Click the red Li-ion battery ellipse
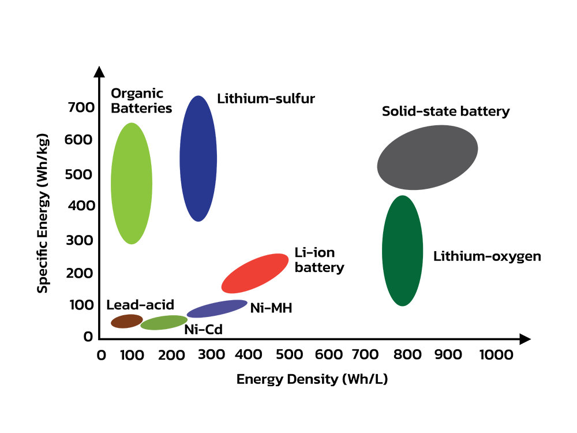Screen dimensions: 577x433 (x=255, y=273)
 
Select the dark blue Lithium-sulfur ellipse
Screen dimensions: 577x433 (x=198, y=159)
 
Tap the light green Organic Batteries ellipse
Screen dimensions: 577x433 (x=132, y=184)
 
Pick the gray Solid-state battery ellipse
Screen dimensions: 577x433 (x=428, y=158)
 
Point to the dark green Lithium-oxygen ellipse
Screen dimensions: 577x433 (x=403, y=251)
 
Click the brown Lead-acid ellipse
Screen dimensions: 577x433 (x=127, y=321)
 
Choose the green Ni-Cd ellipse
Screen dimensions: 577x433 (x=164, y=323)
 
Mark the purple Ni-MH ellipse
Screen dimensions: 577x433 (x=217, y=308)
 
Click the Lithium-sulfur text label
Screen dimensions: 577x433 (x=266, y=99)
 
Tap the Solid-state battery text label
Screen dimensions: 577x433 (x=446, y=111)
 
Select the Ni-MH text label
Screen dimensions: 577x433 (x=271, y=308)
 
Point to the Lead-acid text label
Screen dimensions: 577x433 (x=140, y=305)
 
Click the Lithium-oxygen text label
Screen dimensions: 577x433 (x=487, y=256)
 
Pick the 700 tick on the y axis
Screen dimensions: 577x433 (x=81, y=107)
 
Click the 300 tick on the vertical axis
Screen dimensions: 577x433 (x=79, y=240)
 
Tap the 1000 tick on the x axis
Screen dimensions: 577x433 (x=496, y=354)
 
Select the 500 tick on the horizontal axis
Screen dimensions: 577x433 (x=289, y=354)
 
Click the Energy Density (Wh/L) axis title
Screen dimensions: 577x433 (x=312, y=379)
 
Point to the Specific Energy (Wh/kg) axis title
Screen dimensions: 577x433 (x=43, y=214)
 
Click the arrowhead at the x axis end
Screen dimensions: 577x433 (x=525, y=339)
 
